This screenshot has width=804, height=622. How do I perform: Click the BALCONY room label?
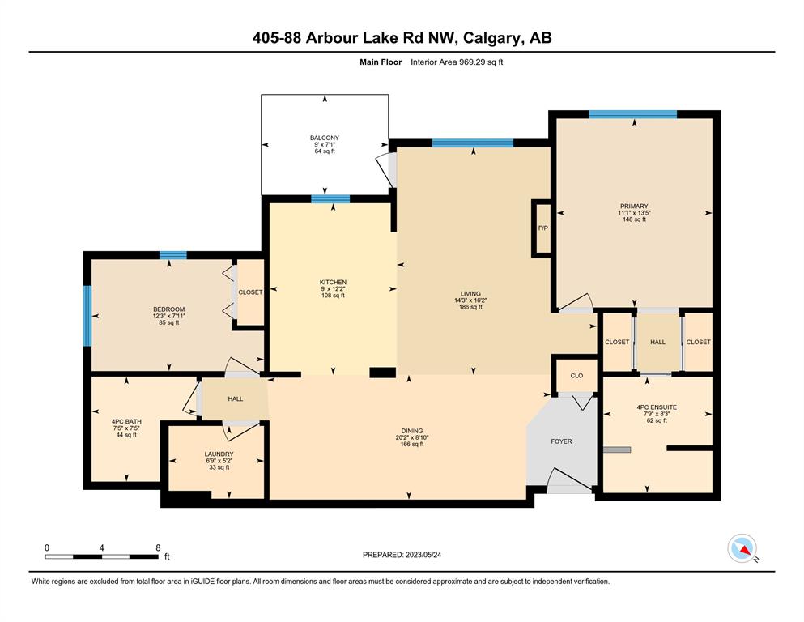(x=325, y=138)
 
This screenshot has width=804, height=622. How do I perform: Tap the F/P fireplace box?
(x=542, y=228)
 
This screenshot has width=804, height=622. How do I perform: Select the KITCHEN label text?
(x=333, y=282)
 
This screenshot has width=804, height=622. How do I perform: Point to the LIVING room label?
(x=470, y=294)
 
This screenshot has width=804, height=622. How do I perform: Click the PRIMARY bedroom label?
(x=634, y=207)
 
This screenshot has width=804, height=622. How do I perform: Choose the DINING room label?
(x=412, y=431)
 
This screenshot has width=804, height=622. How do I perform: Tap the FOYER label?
(x=561, y=441)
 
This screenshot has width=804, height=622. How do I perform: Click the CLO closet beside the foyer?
(x=576, y=375)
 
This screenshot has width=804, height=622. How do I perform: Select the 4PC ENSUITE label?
(x=657, y=407)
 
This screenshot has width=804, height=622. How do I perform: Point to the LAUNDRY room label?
(x=219, y=454)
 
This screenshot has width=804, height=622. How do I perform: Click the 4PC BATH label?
(x=126, y=421)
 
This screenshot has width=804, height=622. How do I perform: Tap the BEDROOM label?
(x=168, y=309)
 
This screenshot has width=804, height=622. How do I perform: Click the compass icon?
(x=742, y=548)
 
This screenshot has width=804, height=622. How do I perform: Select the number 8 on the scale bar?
(x=158, y=547)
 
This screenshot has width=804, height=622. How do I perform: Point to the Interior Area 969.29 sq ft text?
(x=457, y=62)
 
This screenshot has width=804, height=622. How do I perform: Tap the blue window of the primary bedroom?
(x=632, y=114)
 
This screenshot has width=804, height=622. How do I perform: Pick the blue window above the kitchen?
(x=330, y=199)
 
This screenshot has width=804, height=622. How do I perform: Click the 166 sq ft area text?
(x=412, y=445)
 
